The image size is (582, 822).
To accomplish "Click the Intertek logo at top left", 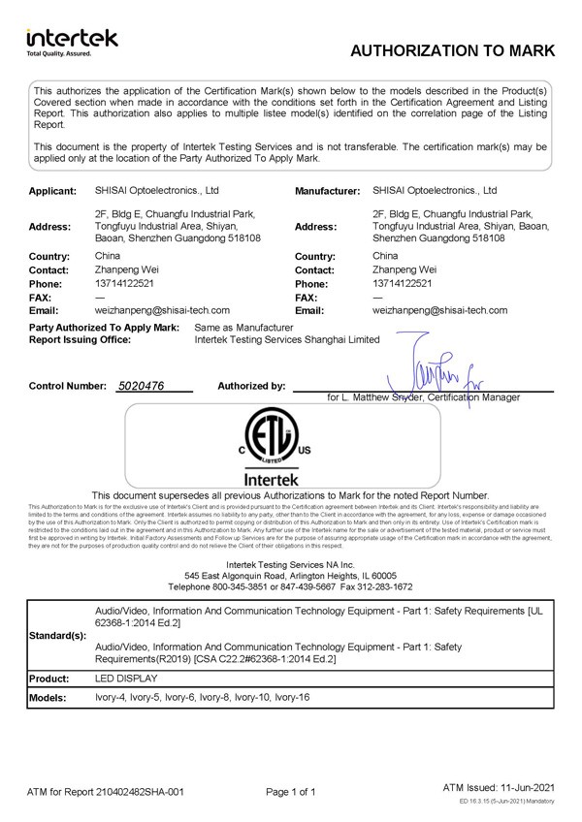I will [72, 42].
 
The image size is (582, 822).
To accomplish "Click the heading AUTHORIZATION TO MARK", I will [451, 51].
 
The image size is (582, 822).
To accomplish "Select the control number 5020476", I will [140, 386].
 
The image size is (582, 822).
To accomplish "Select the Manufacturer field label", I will [327, 192].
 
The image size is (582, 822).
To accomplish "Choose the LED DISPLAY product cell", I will [125, 679].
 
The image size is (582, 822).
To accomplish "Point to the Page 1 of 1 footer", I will [291, 792].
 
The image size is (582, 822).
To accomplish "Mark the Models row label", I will [48, 698].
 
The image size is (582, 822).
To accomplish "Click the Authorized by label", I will [251, 386].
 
